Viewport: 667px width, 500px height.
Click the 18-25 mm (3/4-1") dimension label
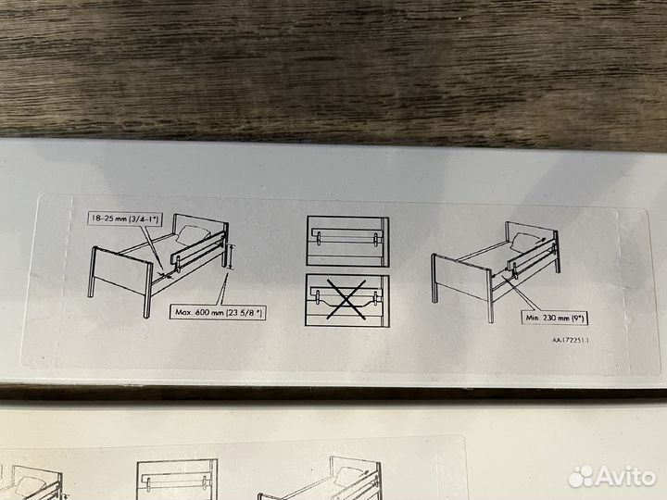(125, 219)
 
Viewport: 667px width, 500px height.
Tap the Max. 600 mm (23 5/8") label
(219, 312)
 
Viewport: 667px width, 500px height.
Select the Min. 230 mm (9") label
(555, 318)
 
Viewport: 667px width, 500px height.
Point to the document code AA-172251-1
(571, 340)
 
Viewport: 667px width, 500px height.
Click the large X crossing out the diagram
(346, 299)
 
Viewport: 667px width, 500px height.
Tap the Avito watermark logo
(612, 476)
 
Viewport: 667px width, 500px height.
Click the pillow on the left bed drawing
(193, 234)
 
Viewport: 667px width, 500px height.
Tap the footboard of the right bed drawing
(462, 283)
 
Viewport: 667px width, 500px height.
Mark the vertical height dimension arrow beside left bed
(231, 256)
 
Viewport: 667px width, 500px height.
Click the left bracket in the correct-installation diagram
(320, 239)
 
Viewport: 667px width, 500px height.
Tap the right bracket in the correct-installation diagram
(375, 240)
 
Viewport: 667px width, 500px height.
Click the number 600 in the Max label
(203, 312)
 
